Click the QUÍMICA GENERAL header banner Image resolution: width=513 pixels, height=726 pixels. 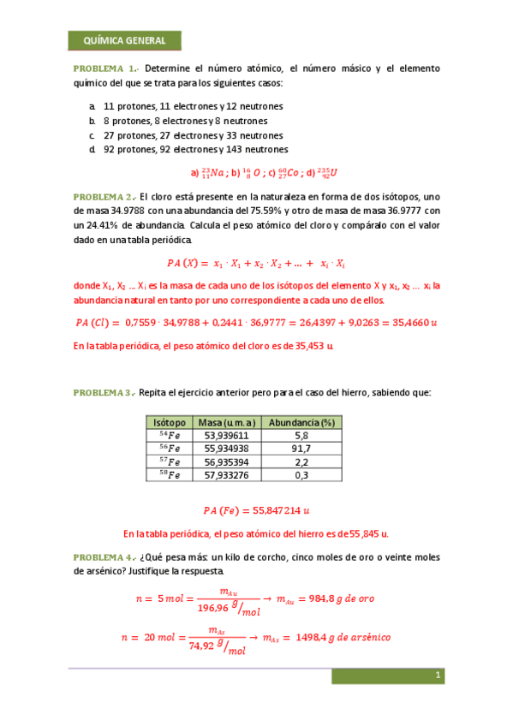[x=124, y=41]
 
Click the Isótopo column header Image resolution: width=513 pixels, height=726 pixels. [x=169, y=423]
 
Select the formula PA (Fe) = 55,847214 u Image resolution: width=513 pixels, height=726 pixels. [x=256, y=510]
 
